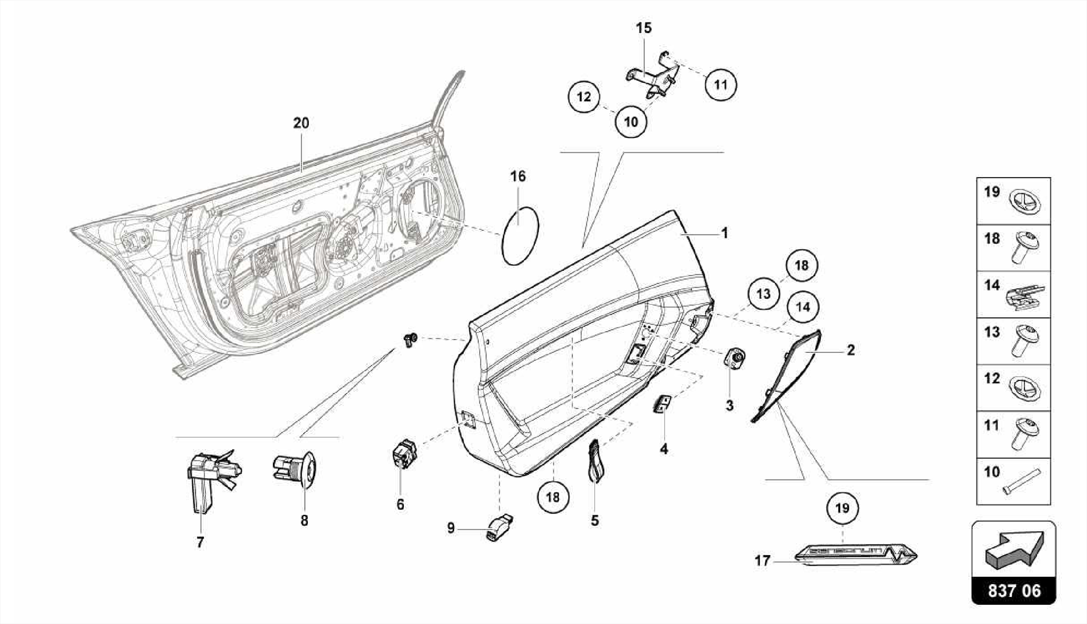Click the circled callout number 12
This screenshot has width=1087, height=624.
[x=583, y=97]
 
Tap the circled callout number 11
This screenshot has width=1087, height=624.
[x=720, y=84]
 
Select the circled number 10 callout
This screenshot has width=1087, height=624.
[x=631, y=122]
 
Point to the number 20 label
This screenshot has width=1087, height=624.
[x=301, y=123]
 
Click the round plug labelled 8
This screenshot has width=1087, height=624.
[x=295, y=469]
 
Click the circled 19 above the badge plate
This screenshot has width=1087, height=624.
[x=842, y=508]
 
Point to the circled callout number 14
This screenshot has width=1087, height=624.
[x=803, y=306]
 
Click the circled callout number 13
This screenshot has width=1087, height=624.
[x=763, y=293]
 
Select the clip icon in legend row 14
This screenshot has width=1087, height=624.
[x=1025, y=296]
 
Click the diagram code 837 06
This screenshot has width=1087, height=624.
[x=1014, y=591]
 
